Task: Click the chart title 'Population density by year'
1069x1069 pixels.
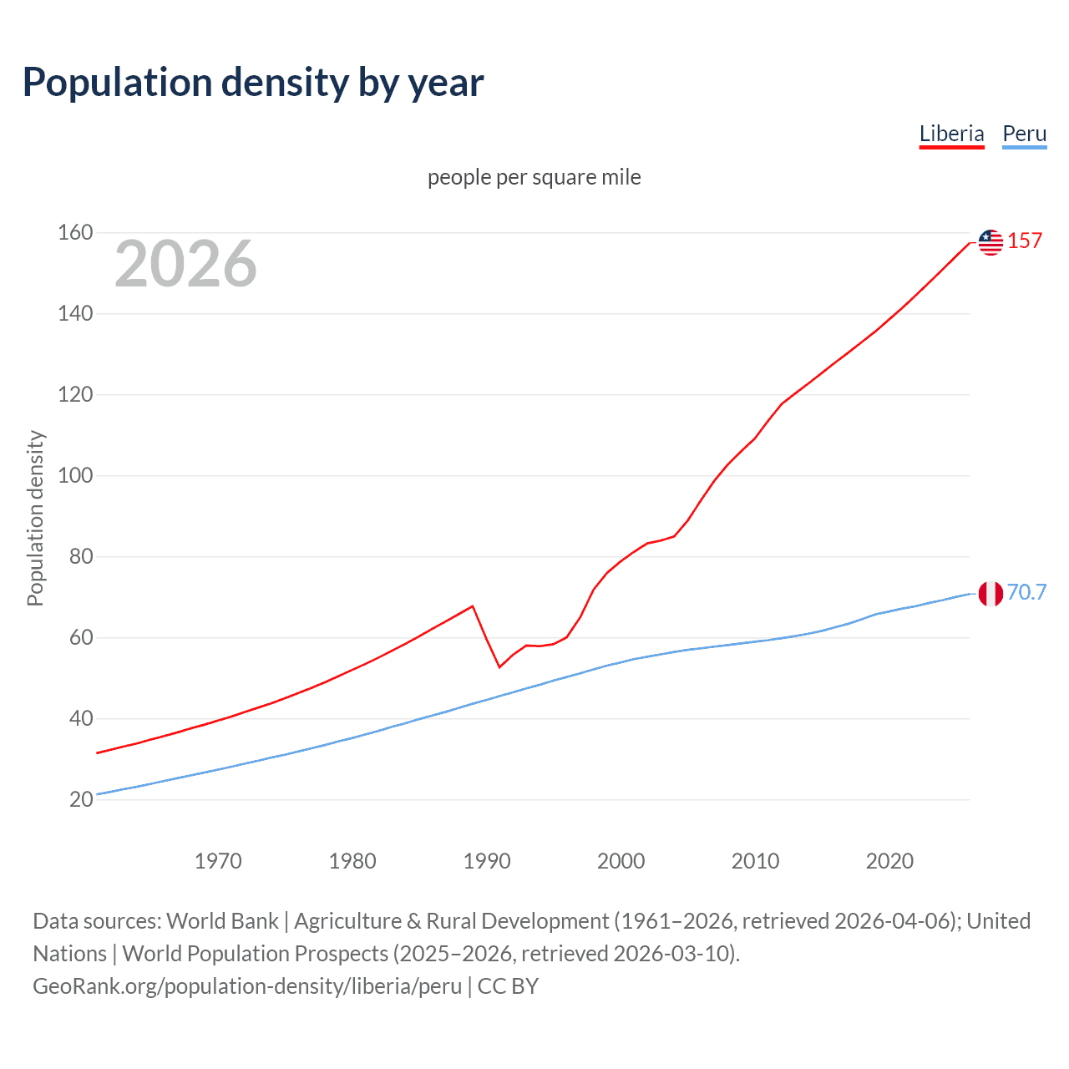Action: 253,83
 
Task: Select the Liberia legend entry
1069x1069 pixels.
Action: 951,134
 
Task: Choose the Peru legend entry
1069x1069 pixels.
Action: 1024,134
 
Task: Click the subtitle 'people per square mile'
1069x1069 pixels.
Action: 534,177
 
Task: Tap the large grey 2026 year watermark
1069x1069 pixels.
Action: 185,264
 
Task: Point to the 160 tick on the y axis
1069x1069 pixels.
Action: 75,232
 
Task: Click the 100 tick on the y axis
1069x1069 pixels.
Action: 75,475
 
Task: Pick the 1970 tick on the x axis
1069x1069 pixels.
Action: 218,861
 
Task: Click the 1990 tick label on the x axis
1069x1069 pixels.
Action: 487,861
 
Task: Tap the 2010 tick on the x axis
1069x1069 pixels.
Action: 755,861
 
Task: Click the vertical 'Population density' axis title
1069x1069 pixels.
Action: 35,518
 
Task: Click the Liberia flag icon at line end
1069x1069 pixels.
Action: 990,242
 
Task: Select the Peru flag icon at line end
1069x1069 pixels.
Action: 990,594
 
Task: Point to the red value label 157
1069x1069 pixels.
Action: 1025,241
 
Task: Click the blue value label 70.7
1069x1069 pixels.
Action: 1026,592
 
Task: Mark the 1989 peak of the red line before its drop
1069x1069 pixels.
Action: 473,606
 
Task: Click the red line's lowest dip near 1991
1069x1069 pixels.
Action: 499,666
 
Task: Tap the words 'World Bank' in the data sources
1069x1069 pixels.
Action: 222,921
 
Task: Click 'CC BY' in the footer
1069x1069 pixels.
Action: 508,986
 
